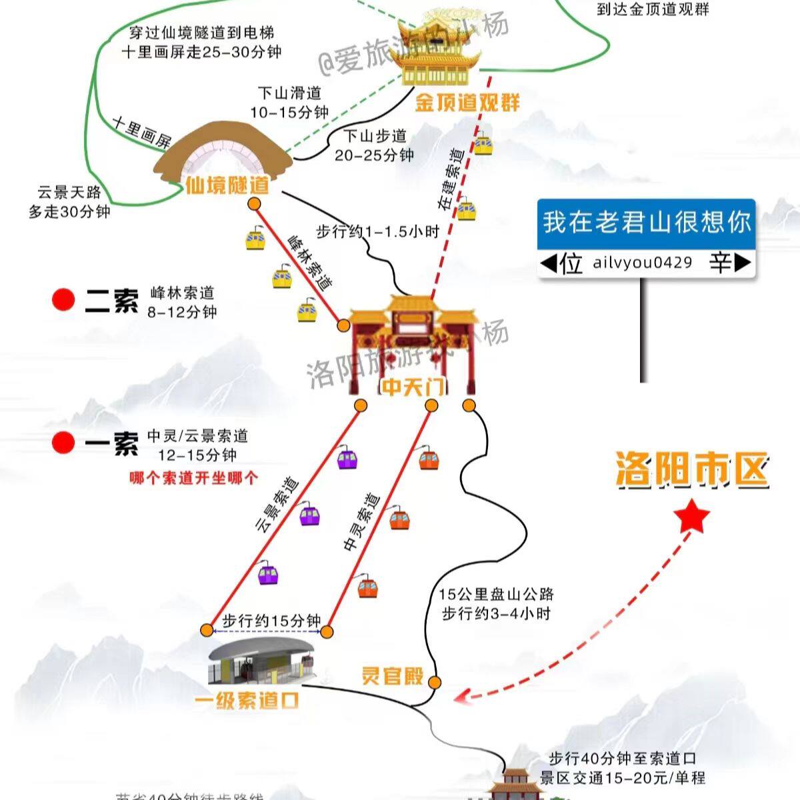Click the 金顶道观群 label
tap(467, 102)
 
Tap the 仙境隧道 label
tap(227, 184)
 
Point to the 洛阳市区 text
tap(691, 470)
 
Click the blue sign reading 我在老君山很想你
tap(646, 223)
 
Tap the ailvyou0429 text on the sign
tap(643, 263)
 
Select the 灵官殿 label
tap(393, 676)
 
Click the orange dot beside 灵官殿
tap(435, 682)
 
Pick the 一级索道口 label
tap(247, 700)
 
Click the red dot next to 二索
tap(64, 300)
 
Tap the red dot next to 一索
tap(64, 442)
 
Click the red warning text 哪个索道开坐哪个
tap(194, 478)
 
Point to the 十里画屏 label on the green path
tap(141, 132)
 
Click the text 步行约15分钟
tap(272, 620)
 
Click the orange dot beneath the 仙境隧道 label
tap(256, 204)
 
